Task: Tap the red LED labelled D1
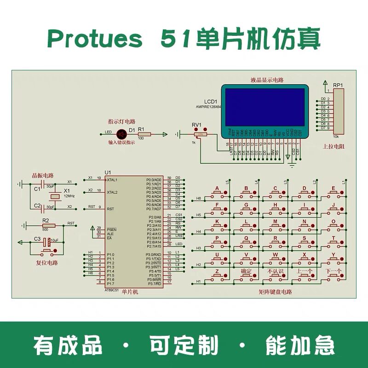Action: click(x=121, y=134)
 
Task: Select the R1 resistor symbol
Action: click(x=144, y=134)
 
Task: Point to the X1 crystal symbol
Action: click(x=55, y=196)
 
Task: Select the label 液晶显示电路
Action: click(x=267, y=80)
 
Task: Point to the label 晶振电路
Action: click(x=42, y=175)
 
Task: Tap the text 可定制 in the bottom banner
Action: click(x=184, y=345)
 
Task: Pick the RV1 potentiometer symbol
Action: click(x=200, y=134)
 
